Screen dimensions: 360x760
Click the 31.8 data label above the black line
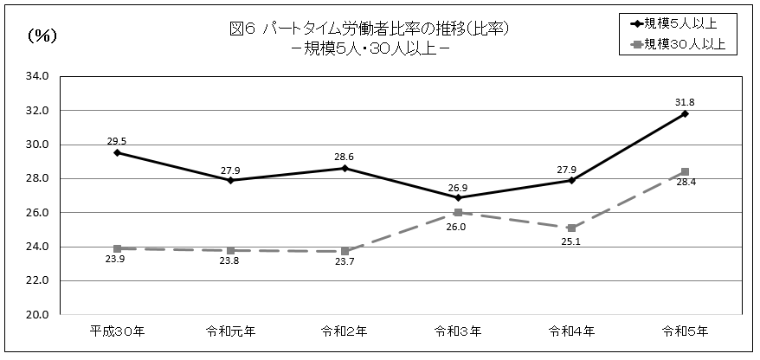[x=685, y=101]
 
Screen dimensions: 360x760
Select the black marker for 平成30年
[x=117, y=152]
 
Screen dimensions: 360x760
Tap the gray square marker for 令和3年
[x=458, y=212]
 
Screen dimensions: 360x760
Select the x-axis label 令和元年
[x=230, y=331]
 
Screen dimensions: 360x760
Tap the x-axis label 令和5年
[x=685, y=331]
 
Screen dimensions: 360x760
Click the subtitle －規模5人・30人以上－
[x=369, y=48]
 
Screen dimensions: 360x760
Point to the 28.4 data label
[x=685, y=184]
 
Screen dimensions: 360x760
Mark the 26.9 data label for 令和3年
[x=458, y=185]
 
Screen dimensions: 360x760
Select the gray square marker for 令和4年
[x=571, y=228]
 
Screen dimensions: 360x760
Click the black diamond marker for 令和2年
[x=345, y=168]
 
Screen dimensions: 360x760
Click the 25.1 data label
[x=571, y=242]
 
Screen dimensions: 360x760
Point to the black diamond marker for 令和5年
[x=685, y=113]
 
